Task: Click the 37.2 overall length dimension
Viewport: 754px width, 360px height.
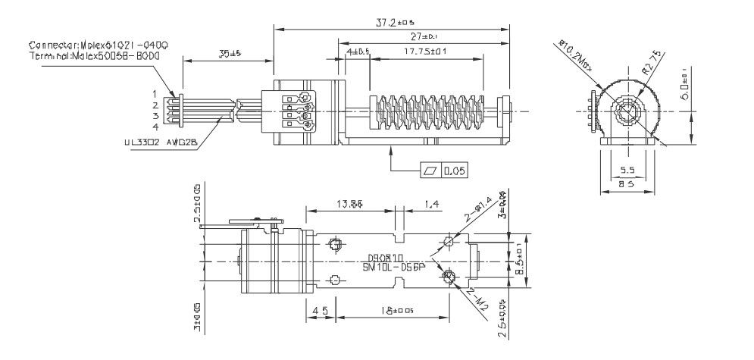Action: coord(393,23)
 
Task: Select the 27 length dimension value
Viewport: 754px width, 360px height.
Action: coord(418,37)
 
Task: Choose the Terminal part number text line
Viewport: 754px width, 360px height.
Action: coord(95,56)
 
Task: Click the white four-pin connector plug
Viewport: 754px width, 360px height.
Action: coord(174,110)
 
